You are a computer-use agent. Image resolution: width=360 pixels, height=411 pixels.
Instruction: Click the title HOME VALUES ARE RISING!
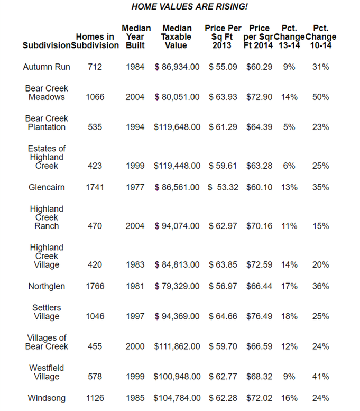(189, 6)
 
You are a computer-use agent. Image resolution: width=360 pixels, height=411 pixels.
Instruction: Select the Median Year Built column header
(136, 36)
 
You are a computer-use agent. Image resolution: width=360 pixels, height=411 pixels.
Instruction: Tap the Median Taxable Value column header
(177, 36)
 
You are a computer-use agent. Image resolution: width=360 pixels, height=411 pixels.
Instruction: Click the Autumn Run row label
(47, 67)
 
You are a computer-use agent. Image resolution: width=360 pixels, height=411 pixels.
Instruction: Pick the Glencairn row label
(47, 187)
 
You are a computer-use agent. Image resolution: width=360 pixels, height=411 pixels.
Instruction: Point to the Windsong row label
(47, 398)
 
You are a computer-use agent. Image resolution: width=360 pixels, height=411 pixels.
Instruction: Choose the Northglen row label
(47, 286)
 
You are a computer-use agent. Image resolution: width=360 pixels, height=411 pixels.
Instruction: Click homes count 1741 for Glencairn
(95, 187)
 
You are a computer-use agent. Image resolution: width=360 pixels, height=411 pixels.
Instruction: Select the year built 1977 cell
(135, 187)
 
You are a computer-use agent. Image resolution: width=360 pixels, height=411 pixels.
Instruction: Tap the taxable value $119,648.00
(177, 127)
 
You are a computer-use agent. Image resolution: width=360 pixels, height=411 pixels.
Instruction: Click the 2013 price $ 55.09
(223, 67)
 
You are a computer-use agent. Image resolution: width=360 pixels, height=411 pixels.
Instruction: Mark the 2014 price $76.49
(259, 316)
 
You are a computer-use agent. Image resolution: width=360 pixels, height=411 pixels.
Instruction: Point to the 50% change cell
(320, 97)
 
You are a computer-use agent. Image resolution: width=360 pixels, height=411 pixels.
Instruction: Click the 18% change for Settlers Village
(289, 316)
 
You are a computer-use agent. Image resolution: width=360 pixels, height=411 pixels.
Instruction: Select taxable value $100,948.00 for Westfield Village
(177, 377)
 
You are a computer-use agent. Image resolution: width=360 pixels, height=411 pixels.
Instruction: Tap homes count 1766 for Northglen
(95, 286)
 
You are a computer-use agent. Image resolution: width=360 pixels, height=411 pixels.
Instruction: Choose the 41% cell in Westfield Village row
(320, 377)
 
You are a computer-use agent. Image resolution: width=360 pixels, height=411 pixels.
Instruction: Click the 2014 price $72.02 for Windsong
(259, 398)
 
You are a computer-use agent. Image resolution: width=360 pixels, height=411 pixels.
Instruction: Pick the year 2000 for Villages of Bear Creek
(135, 346)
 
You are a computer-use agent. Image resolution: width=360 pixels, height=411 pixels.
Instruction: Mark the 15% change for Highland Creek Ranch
(320, 226)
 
